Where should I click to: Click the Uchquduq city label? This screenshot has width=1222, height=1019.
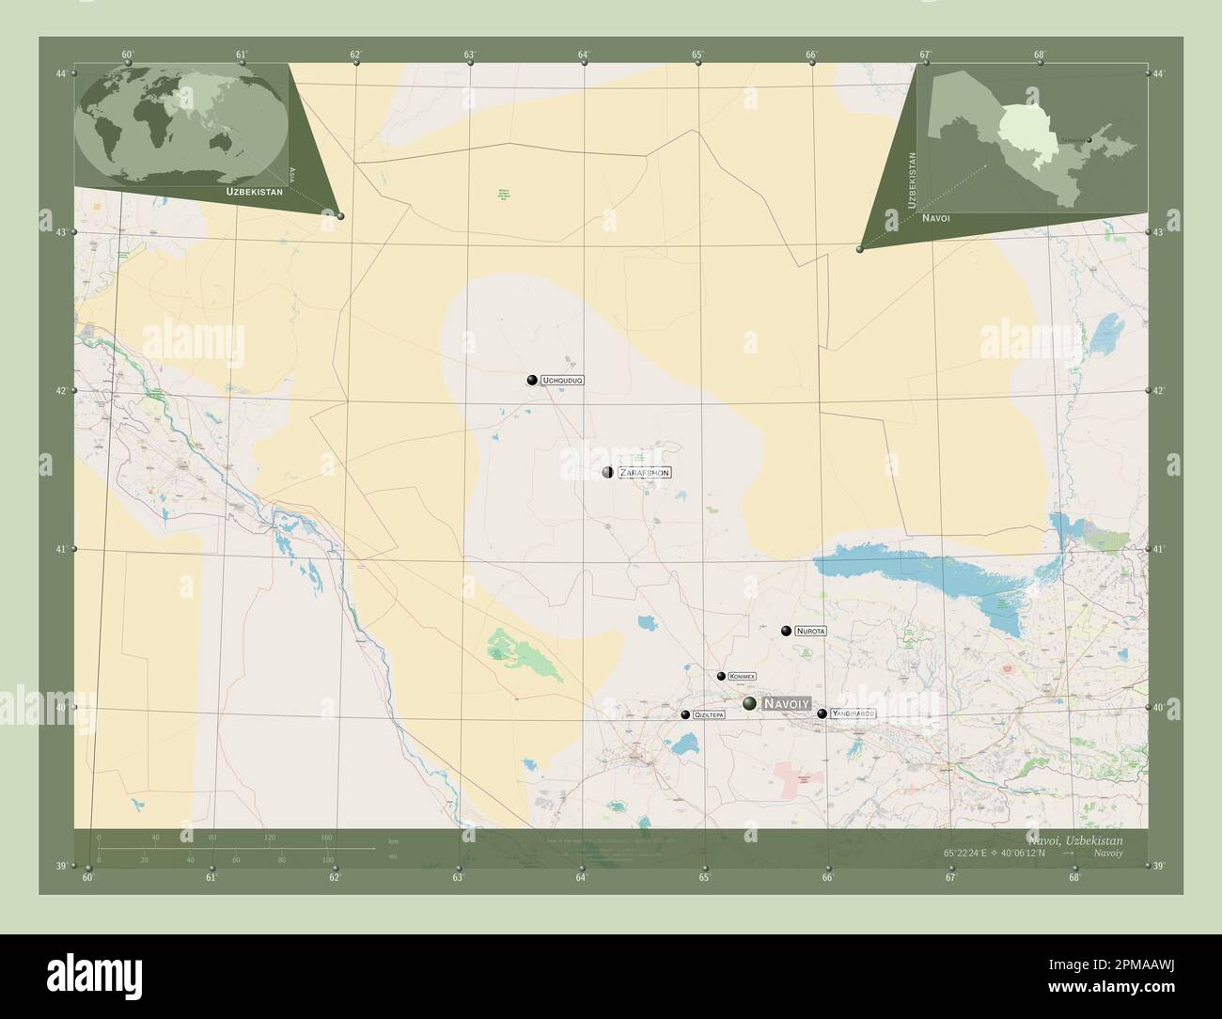coord(564,380)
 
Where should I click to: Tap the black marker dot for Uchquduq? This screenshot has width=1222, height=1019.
coord(532,380)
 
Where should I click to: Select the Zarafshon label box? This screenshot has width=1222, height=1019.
coord(644,473)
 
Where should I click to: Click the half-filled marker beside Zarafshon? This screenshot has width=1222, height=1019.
coord(607,472)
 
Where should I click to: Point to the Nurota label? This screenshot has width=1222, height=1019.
coord(810,631)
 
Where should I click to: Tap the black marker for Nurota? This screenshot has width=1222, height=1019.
coord(786,630)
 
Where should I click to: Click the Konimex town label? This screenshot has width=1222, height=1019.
coord(743,677)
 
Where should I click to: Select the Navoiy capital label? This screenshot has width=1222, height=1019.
coord(786,703)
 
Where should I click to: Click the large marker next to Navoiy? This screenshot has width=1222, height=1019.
coord(749,703)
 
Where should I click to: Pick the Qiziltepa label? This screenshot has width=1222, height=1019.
coord(709,715)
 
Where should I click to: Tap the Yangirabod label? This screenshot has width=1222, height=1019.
coord(853,714)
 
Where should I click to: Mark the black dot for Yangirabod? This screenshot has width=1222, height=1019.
coord(822,714)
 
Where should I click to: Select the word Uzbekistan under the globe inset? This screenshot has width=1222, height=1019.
coord(254,191)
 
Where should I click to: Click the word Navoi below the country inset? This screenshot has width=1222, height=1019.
coord(936,218)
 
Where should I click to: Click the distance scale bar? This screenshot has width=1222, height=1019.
coord(216,848)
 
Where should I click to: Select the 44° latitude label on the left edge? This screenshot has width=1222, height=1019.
coord(61,73)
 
